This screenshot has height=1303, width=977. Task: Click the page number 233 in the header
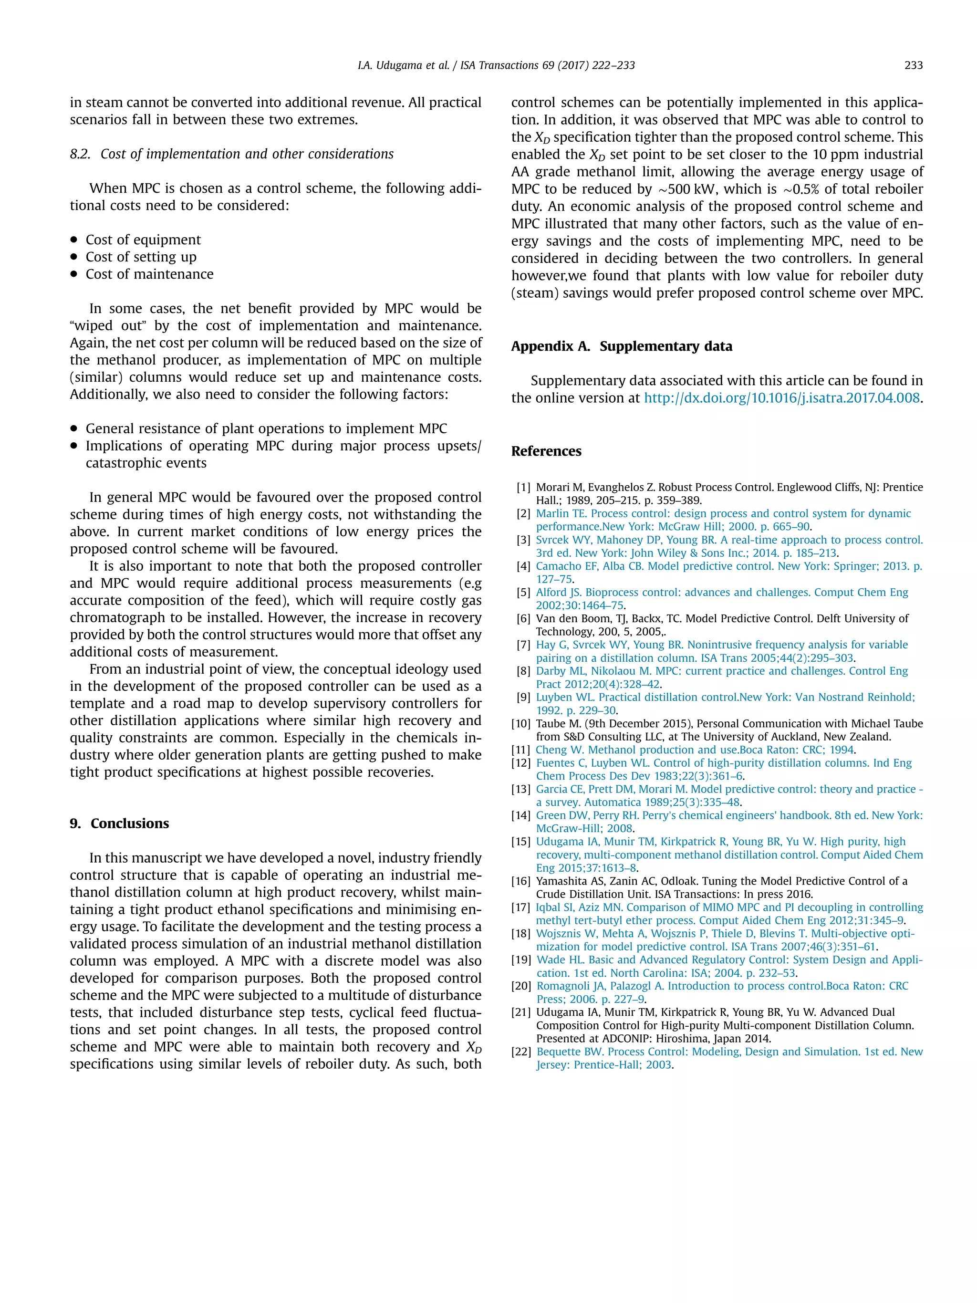point(913,65)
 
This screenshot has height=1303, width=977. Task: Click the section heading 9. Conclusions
point(120,823)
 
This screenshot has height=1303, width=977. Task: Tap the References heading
point(546,451)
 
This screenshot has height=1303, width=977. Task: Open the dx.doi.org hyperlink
point(781,398)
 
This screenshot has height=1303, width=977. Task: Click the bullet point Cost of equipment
point(143,240)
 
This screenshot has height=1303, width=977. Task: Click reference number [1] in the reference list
point(523,488)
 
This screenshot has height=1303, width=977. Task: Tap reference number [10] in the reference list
point(521,723)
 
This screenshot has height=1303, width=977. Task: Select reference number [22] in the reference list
point(521,1052)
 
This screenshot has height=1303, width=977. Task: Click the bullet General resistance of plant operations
point(266,429)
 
